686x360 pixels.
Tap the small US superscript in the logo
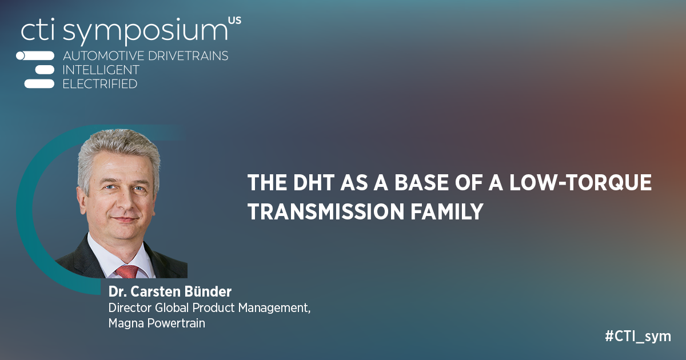pyautogui.click(x=234, y=21)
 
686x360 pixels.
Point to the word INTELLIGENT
pyautogui.click(x=101, y=70)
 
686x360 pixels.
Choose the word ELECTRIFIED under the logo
pyautogui.click(x=99, y=84)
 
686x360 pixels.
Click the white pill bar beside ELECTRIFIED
pyautogui.click(x=38, y=84)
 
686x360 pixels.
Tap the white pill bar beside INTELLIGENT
pyautogui.click(x=44, y=70)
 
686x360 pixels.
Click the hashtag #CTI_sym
pyautogui.click(x=637, y=336)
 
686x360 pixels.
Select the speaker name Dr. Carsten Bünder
pyautogui.click(x=170, y=292)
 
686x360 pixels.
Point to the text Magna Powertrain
pyautogui.click(x=156, y=323)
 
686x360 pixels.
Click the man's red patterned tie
pyautogui.click(x=127, y=270)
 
